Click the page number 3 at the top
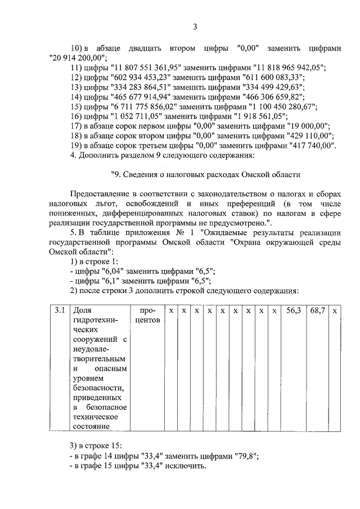click(195, 26)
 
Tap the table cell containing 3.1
click(60, 310)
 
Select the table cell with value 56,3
click(294, 310)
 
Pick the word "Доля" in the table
click(82, 310)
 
